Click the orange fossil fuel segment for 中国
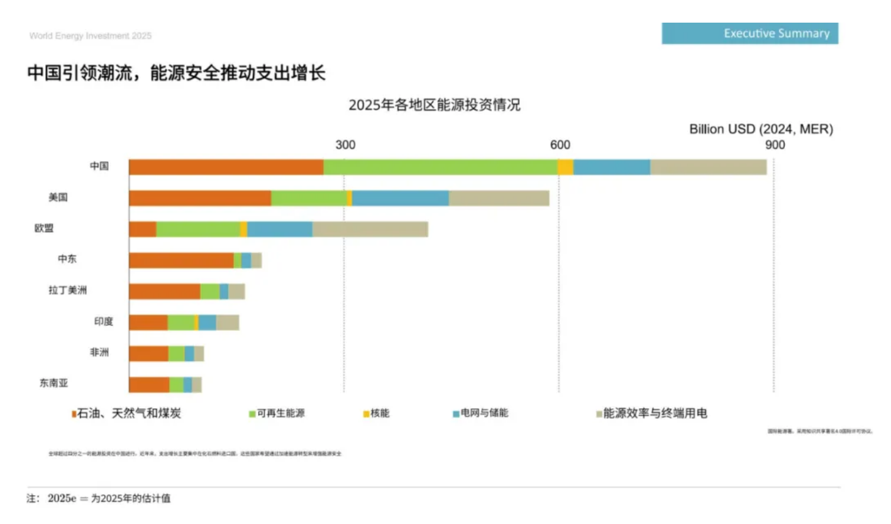[226, 167]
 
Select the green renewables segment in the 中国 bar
[440, 167]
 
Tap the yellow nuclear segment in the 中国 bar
[565, 167]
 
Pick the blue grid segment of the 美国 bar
[400, 198]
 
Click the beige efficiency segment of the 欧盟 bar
[370, 229]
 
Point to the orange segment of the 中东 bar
[181, 260]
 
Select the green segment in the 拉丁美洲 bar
[209, 291]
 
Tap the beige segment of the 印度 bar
[227, 323]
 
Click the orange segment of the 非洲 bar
[148, 354]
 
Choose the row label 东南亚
[53, 384]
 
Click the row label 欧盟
[44, 228]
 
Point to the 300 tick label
[345, 145]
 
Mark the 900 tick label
[775, 145]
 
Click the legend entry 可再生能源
[280, 413]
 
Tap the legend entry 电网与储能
[484, 413]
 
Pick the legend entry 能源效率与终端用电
[655, 413]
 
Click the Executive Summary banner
[750, 33]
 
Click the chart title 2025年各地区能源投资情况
[434, 105]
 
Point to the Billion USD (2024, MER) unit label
[761, 130]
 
